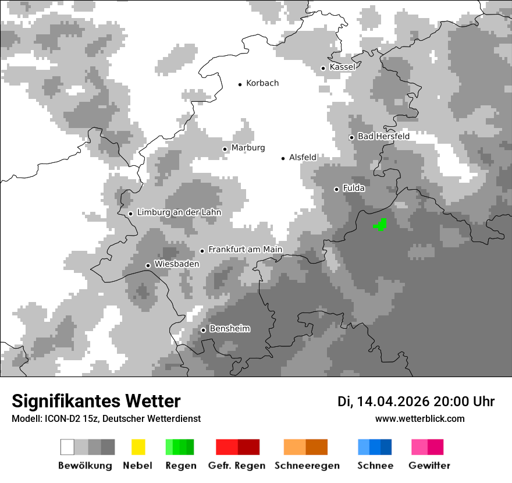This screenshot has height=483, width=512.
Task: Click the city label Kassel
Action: (342, 67)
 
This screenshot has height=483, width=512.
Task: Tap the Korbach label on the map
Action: (262, 83)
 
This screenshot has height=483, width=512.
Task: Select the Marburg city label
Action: (248, 148)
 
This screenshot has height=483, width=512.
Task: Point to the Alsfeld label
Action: (303, 157)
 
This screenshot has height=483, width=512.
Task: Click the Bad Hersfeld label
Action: (383, 136)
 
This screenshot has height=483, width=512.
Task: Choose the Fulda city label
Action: (354, 188)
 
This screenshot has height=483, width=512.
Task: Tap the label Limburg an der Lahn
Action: (179, 212)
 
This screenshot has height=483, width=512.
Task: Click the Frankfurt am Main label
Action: (245, 250)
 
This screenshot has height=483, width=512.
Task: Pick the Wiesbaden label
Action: (177, 264)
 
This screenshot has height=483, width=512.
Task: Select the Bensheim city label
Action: (229, 329)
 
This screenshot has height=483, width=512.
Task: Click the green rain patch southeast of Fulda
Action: (381, 225)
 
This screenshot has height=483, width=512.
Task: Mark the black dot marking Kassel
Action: (323, 68)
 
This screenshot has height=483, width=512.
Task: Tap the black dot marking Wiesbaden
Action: (148, 265)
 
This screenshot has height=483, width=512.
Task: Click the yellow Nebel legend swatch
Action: (138, 447)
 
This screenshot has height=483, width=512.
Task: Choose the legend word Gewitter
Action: (429, 466)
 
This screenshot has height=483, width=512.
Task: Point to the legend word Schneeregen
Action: (307, 466)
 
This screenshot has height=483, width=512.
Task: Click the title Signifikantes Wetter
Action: (96, 401)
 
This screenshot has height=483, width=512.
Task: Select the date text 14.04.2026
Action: (393, 402)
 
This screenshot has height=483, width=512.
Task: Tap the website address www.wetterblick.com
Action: (419, 418)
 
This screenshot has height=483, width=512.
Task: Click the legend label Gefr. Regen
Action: (236, 466)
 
